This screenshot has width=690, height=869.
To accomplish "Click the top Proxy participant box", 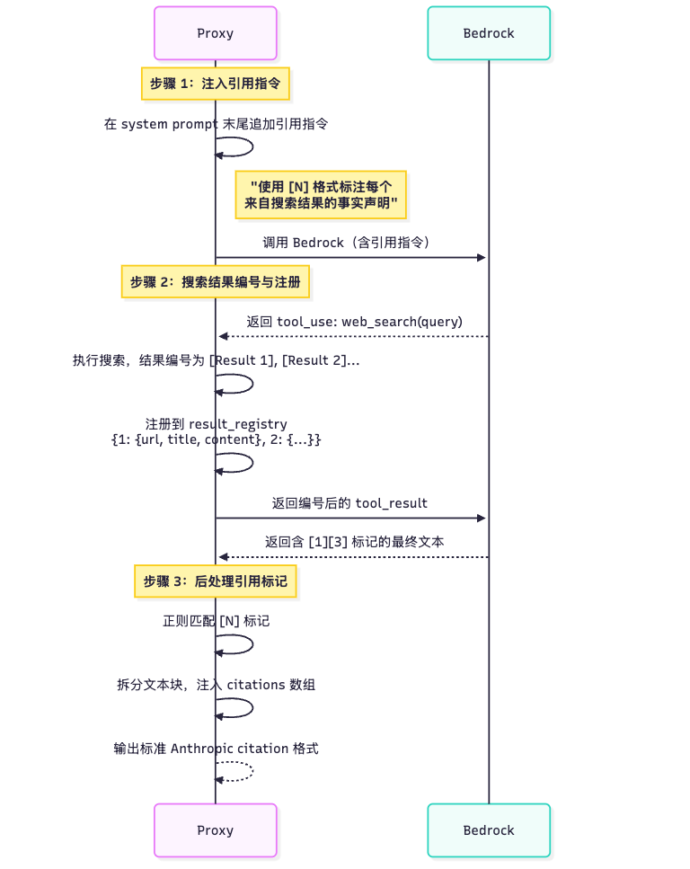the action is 215,33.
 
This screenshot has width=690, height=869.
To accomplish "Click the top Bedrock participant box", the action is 489,33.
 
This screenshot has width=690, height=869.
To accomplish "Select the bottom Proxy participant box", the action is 215,830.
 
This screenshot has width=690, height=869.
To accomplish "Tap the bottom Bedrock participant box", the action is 489,830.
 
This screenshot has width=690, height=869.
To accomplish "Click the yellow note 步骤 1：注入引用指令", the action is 215,84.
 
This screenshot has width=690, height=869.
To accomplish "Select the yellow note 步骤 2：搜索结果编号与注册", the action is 215,281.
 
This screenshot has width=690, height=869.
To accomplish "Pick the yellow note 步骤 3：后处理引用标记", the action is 215,581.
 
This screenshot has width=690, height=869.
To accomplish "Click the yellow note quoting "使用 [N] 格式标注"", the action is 321,195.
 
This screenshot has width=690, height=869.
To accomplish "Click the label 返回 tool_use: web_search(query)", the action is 354,321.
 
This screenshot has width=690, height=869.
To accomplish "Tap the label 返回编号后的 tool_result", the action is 349,502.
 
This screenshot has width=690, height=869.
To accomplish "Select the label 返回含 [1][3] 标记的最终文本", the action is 354,542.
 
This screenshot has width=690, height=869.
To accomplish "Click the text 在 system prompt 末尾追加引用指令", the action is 215,124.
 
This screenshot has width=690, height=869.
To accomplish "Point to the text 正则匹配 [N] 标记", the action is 216,620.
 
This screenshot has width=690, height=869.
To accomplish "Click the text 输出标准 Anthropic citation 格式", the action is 216,749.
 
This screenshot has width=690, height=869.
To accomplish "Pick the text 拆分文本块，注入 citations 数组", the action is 216,685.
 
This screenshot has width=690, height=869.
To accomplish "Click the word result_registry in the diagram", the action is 237,424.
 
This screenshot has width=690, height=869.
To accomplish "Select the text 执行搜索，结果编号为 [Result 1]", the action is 216,360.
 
